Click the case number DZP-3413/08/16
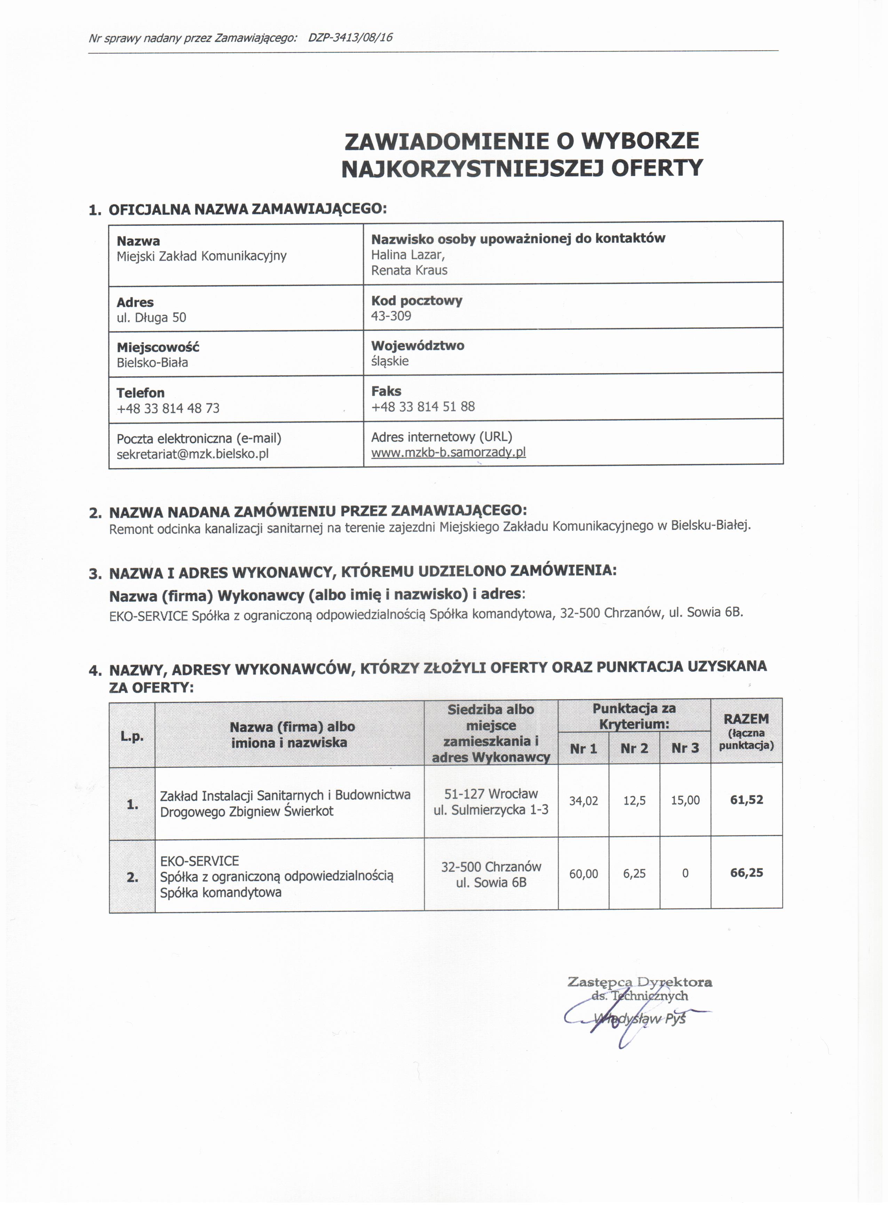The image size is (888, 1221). click(x=350, y=38)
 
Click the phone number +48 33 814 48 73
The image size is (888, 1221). click(x=168, y=408)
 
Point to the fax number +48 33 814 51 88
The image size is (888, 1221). click(x=423, y=406)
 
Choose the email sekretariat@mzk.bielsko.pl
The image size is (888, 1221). click(x=192, y=454)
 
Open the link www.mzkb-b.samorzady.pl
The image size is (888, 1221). click(x=448, y=452)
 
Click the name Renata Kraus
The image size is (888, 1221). click(x=409, y=270)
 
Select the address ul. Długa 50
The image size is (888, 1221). click(x=151, y=318)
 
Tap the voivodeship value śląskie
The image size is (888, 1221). click(x=390, y=361)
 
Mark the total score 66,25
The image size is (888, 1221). click(x=746, y=873)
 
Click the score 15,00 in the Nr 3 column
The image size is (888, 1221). click(x=685, y=800)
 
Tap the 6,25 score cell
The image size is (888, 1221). click(x=634, y=873)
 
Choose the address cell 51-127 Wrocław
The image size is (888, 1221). click(x=491, y=793)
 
